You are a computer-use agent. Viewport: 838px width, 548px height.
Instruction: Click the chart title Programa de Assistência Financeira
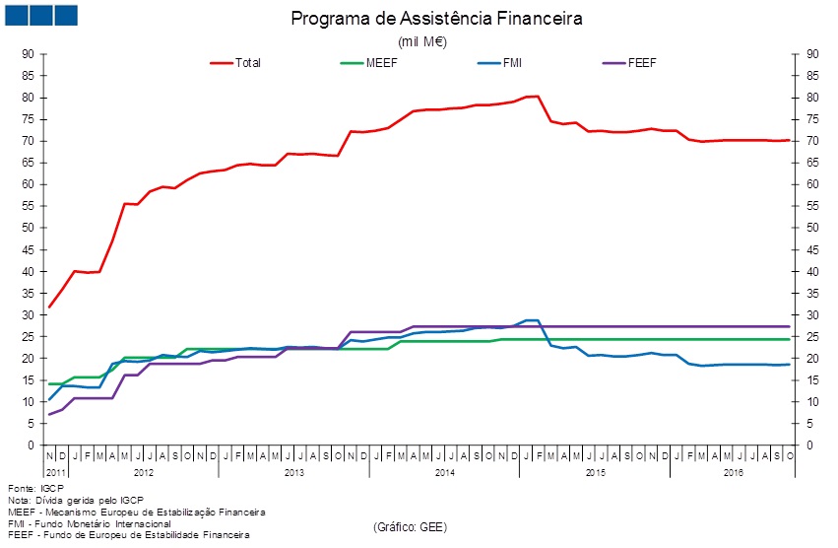(x=437, y=19)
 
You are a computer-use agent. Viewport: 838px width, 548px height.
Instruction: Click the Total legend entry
(x=248, y=63)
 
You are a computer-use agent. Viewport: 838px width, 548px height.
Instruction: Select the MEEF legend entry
(x=380, y=63)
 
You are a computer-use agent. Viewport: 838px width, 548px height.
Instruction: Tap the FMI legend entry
(x=513, y=63)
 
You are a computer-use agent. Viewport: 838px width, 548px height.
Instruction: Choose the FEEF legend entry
(x=641, y=63)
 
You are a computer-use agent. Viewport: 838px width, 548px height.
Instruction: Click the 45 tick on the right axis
(x=812, y=249)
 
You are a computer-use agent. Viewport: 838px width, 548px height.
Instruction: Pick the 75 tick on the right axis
(x=812, y=119)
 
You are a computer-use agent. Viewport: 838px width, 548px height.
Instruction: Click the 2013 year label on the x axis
(x=294, y=474)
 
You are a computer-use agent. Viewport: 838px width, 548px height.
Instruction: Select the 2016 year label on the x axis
(x=734, y=474)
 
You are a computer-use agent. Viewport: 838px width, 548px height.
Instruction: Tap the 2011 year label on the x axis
(x=55, y=474)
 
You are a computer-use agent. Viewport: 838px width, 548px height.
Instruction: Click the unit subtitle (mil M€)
(x=422, y=41)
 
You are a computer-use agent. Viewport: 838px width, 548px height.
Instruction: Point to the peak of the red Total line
(x=537, y=96)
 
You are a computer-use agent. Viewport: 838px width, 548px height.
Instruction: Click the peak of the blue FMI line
(x=531, y=320)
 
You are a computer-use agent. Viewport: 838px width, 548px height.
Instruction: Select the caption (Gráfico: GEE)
(x=410, y=528)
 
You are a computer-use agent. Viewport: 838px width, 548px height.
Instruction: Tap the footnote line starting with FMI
(x=89, y=523)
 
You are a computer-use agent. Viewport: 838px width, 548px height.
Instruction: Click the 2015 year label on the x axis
(x=595, y=474)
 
